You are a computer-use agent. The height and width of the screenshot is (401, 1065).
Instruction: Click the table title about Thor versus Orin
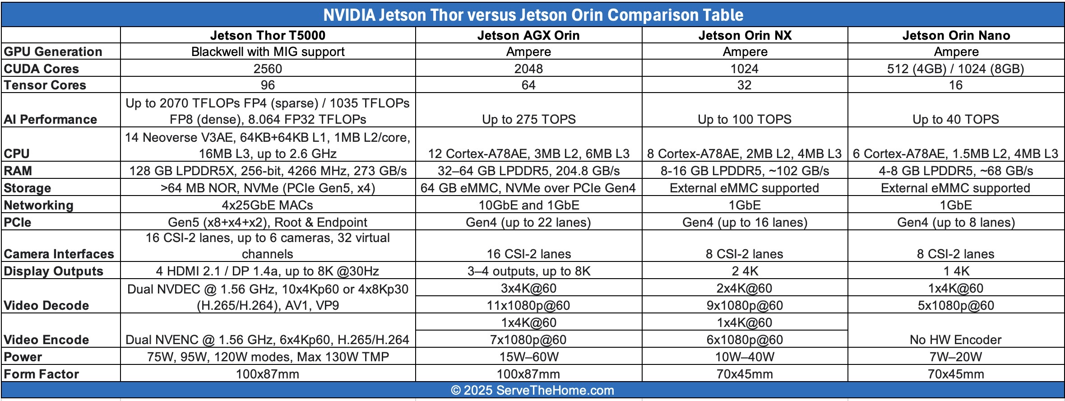(x=533, y=15)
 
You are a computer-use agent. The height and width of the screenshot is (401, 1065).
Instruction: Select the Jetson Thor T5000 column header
(x=268, y=35)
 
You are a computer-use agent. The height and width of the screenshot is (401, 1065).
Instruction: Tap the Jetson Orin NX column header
(x=745, y=35)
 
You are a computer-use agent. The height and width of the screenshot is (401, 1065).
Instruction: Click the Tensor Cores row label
(x=45, y=85)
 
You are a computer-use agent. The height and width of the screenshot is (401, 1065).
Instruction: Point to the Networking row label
(x=39, y=205)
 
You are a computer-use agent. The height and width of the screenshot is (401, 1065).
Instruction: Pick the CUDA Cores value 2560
(x=268, y=69)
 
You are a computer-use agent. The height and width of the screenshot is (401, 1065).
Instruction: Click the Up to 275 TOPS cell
(x=528, y=119)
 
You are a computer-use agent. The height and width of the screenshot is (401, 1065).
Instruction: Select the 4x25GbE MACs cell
(x=268, y=205)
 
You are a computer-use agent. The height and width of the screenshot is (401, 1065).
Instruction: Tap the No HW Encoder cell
(x=955, y=340)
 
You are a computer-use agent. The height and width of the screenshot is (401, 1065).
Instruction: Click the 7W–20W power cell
(x=955, y=357)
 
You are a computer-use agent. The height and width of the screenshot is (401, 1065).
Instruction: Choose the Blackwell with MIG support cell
(x=268, y=51)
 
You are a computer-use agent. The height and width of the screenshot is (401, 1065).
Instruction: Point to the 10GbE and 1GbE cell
(x=528, y=205)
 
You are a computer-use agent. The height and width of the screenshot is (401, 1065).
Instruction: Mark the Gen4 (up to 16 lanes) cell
(x=745, y=222)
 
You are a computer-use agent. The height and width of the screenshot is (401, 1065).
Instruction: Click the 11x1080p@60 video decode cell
(x=528, y=305)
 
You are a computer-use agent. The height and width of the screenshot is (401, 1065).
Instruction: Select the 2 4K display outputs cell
(x=745, y=271)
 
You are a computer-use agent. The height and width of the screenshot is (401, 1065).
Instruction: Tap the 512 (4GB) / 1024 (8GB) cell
(x=955, y=69)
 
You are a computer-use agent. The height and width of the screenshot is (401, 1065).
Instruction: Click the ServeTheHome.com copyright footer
(x=532, y=390)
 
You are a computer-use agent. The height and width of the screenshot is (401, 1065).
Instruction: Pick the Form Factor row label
(x=42, y=374)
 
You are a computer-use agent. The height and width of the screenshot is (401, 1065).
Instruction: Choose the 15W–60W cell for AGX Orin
(x=528, y=357)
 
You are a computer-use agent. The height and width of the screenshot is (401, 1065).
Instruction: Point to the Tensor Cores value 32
(x=745, y=85)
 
